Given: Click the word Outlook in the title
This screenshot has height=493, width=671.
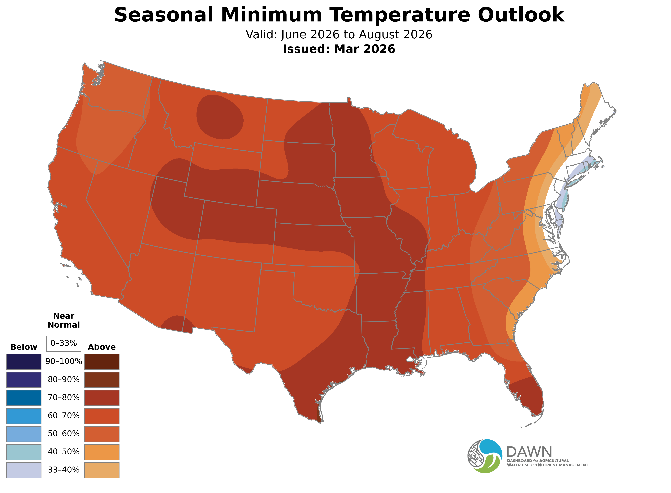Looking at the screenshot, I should tap(521, 15).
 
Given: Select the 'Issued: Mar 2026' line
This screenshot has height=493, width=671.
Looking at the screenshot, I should tap(339, 49).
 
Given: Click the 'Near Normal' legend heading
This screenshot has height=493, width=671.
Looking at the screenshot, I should tap(64, 320).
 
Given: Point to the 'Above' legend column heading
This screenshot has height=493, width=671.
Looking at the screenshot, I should tap(102, 347).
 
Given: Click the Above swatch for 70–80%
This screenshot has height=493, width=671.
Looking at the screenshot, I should tap(102, 398).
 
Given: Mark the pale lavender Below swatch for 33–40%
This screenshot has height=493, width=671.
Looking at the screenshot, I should tap(24, 470).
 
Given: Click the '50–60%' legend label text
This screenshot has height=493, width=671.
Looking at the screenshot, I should tap(64, 434).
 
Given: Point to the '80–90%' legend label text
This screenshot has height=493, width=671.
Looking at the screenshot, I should tap(64, 380).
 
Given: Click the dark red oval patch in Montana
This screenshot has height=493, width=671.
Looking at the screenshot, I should tap(220, 117).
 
